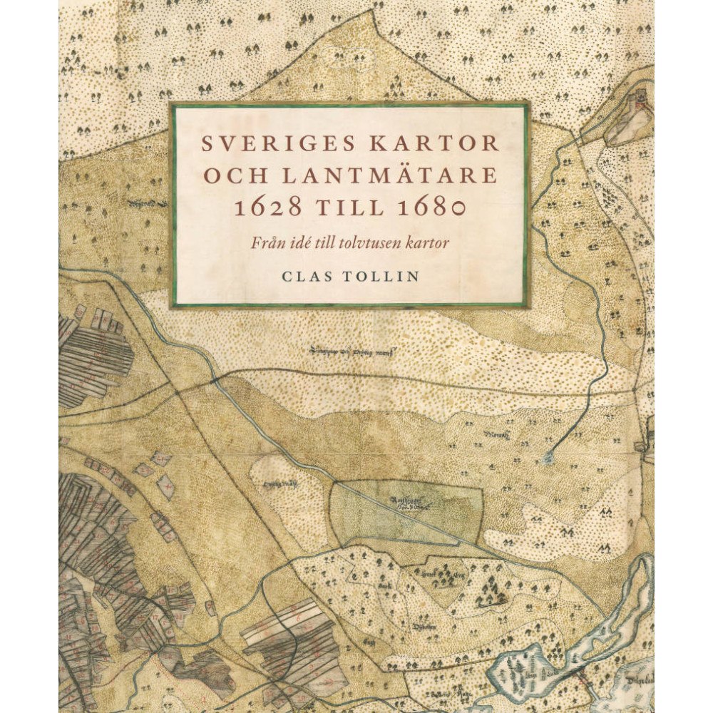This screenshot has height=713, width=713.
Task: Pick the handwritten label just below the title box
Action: pos(352,349)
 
